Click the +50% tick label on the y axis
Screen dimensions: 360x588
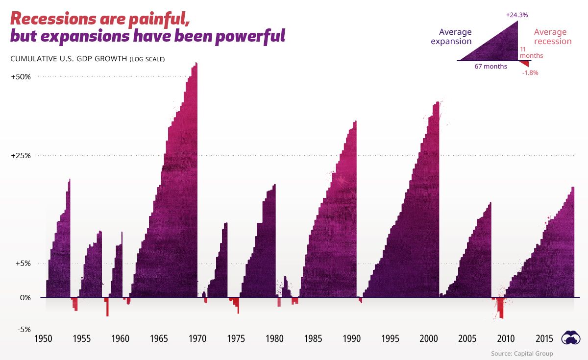coord(21,77)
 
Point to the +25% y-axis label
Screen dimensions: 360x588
coord(21,156)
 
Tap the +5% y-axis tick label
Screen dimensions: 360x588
coord(23,263)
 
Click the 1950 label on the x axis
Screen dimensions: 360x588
coord(43,339)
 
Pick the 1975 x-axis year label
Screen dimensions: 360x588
coord(236,339)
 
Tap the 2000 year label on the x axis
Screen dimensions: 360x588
coord(429,339)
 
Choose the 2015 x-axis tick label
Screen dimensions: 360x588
coord(544,339)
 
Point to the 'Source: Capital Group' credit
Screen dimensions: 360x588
coord(522,353)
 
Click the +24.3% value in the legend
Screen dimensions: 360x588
coord(517,15)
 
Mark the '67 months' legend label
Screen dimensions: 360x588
coord(490,67)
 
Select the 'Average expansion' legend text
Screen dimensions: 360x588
coord(451,37)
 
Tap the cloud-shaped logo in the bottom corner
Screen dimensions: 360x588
coord(571,337)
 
